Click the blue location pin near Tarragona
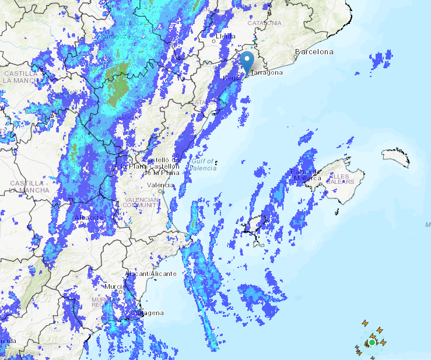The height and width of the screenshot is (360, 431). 247,61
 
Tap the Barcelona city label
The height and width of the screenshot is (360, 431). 314,52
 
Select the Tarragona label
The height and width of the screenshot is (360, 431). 267,73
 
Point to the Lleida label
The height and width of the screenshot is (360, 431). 225,36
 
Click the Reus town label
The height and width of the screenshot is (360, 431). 232,78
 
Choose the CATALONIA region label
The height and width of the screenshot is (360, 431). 264,23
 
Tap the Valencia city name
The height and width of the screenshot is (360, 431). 160,186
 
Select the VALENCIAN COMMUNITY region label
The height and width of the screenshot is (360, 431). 141,202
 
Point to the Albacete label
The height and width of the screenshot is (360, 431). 89,218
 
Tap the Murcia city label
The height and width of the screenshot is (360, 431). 114,287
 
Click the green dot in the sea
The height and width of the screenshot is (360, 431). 372,342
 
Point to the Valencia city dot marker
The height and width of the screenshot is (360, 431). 164,191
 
